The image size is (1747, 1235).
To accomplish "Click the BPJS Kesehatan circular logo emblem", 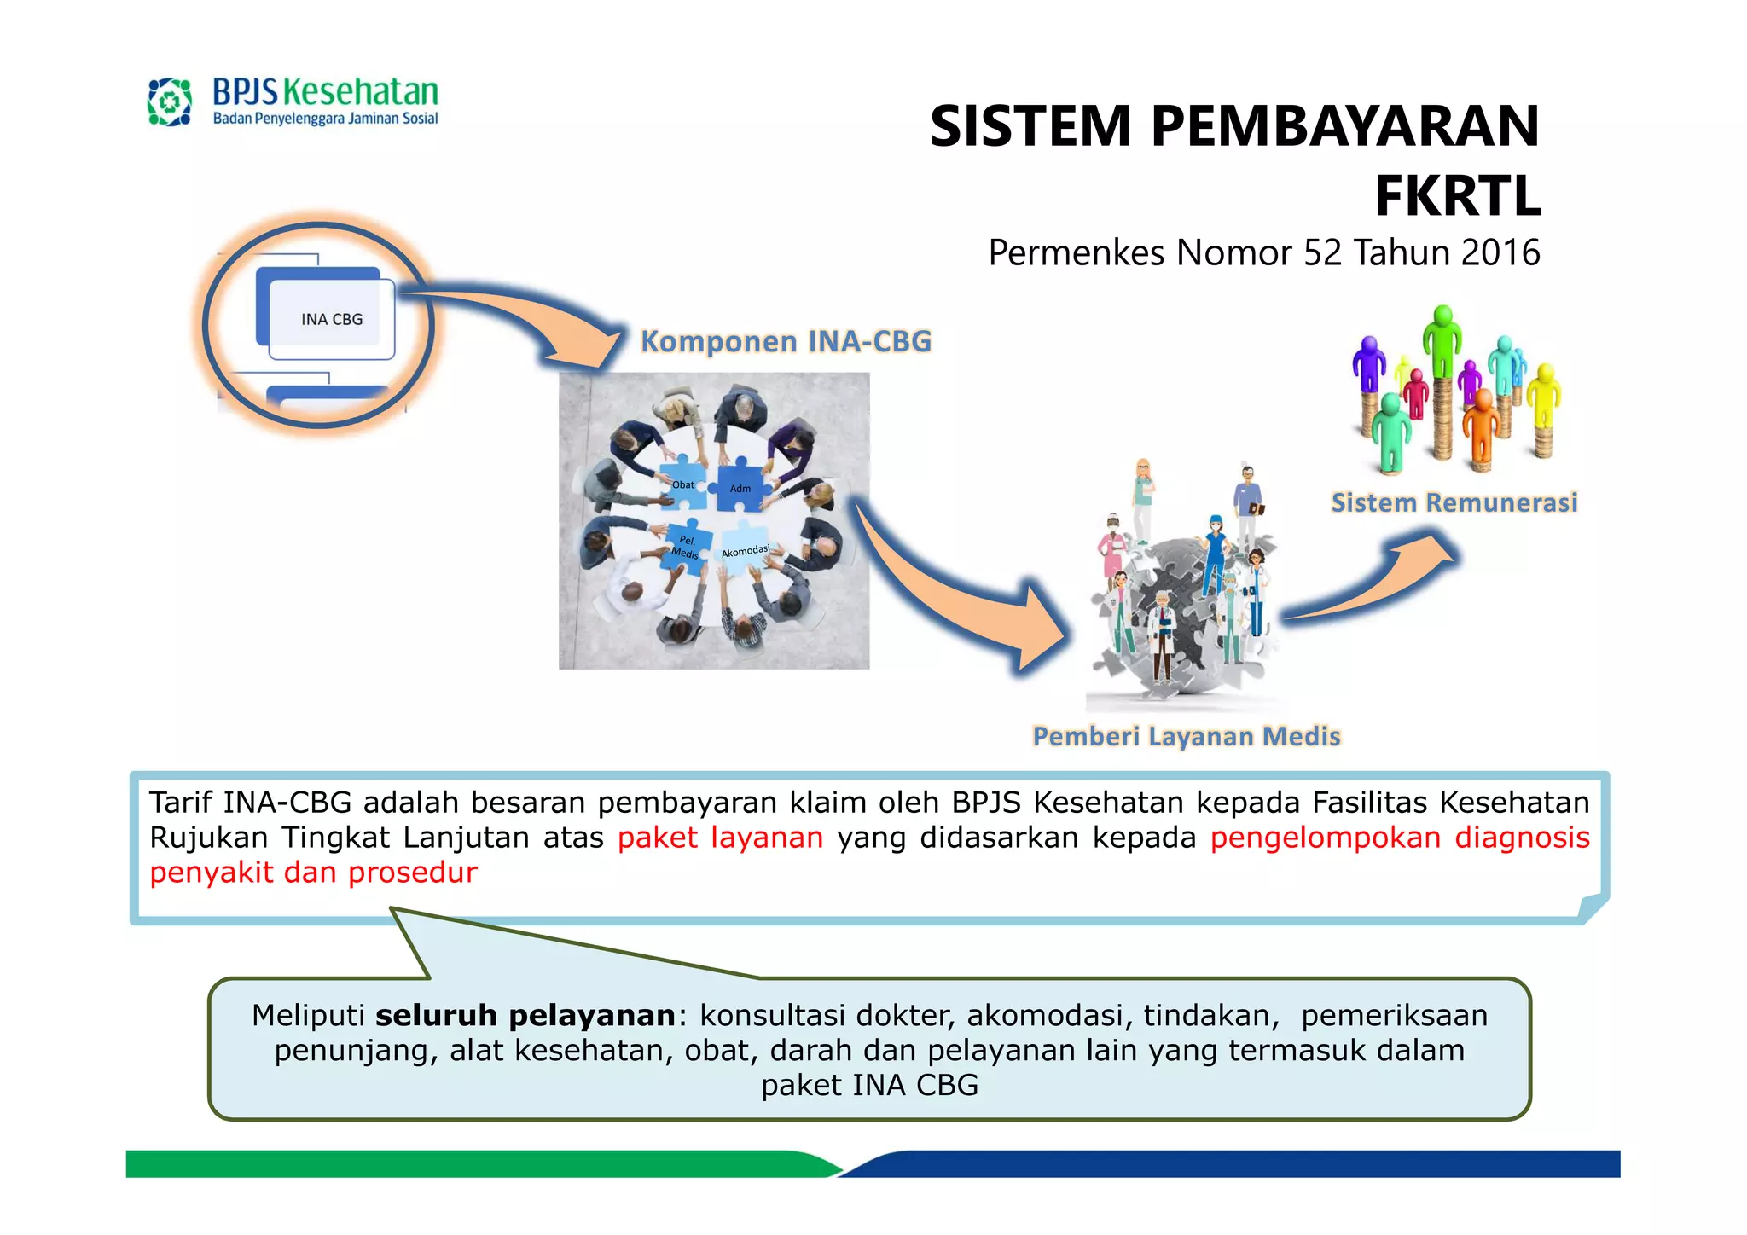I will click(x=169, y=102).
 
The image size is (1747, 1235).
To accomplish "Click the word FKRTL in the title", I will click(x=1457, y=196).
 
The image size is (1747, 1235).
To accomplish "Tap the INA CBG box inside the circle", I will click(x=331, y=319).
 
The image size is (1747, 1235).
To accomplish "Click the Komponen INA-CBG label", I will click(x=786, y=341).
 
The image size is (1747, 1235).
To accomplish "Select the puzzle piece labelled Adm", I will click(x=740, y=488).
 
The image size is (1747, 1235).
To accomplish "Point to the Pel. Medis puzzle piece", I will click(x=686, y=547).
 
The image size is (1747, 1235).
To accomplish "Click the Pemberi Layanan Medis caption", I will click(x=1186, y=736).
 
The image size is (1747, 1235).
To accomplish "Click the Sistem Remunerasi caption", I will click(x=1454, y=502).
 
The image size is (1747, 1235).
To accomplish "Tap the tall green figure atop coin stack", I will click(x=1442, y=341).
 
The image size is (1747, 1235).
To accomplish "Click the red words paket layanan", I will click(x=720, y=838).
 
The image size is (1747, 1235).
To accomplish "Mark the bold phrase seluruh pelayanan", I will click(x=525, y=1015).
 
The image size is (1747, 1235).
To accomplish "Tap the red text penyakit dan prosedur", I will click(x=313, y=873).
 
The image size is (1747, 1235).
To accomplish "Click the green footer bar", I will click(x=469, y=1163).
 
